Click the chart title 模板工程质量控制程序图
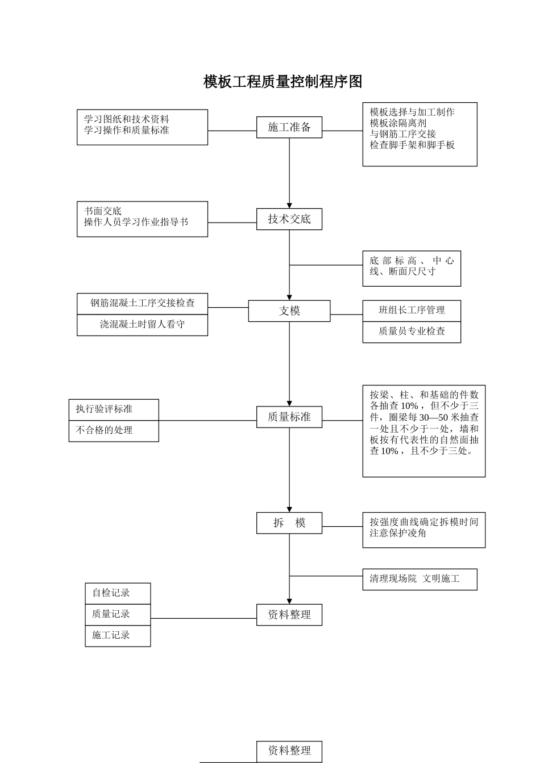point(283,82)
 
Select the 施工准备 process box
point(289,127)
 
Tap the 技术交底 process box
point(289,219)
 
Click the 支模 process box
point(289,311)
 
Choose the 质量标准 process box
point(289,417)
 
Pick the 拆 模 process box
point(289,523)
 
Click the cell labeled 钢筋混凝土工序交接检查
point(142,303)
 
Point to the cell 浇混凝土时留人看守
point(142,325)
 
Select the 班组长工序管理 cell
point(412,311)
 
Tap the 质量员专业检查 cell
point(412,332)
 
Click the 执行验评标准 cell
point(114,409)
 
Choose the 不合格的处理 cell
point(114,430)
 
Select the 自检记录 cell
point(118,593)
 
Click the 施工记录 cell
point(118,635)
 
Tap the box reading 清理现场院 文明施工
point(419,579)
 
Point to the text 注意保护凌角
point(398,534)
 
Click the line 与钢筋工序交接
point(403,134)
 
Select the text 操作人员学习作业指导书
point(136,222)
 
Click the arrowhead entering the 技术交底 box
point(289,206)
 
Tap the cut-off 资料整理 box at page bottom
point(289,751)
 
